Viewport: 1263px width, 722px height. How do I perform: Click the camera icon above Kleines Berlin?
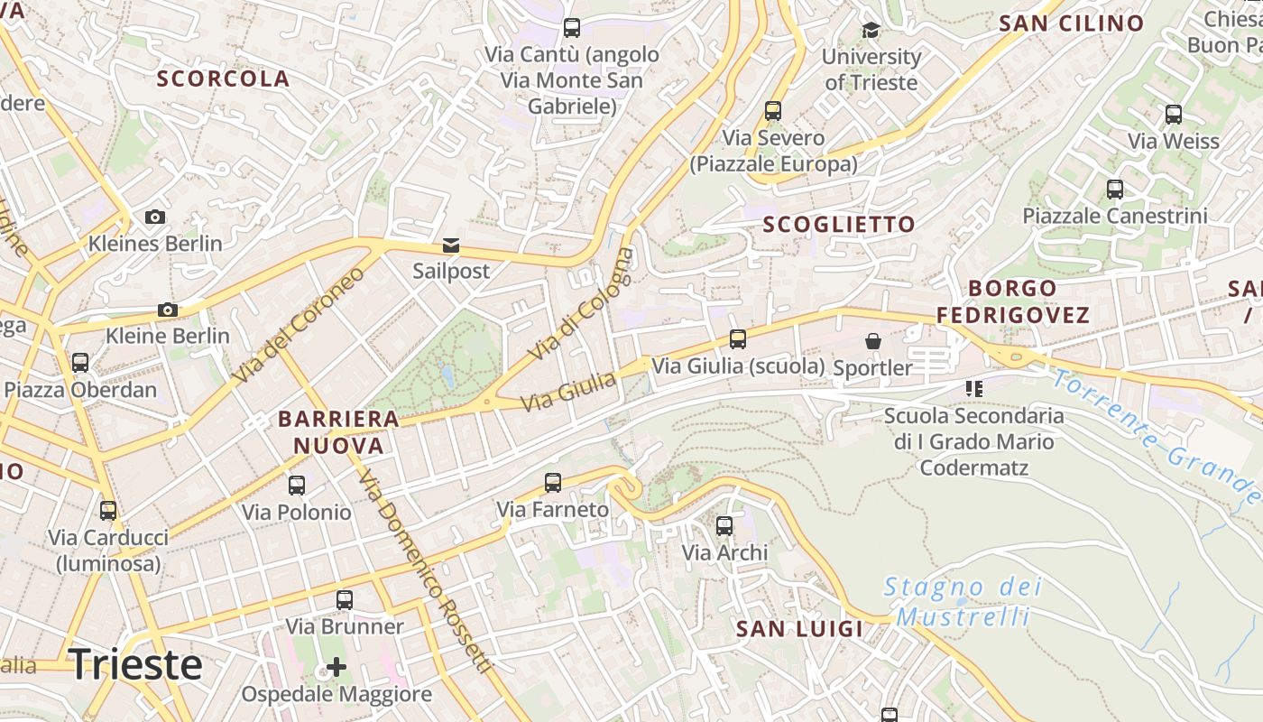point(155,217)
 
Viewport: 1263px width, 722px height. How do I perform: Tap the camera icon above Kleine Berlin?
point(167,310)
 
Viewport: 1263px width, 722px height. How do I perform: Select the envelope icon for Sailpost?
point(450,245)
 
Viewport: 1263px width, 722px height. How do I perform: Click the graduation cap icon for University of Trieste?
point(871,31)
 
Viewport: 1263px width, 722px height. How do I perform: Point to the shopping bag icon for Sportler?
point(872,341)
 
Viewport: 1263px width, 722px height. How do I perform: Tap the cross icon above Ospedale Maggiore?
point(336,667)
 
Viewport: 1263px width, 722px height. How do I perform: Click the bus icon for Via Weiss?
point(1173,115)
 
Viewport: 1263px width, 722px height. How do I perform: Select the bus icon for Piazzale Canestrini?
point(1115,190)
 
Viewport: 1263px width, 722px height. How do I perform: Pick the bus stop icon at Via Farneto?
point(553,483)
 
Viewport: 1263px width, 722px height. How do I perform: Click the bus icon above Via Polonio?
point(297,486)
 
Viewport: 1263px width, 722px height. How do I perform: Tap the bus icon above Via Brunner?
point(344,600)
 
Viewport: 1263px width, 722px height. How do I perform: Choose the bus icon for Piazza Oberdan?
point(80,363)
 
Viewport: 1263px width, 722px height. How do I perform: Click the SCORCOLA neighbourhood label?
point(224,79)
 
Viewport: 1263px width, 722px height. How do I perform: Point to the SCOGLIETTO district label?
point(839,224)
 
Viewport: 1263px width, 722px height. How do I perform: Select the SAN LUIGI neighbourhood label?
point(799,628)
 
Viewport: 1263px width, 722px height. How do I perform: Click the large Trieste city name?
point(135,664)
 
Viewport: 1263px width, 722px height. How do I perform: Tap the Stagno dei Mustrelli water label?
point(963,602)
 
